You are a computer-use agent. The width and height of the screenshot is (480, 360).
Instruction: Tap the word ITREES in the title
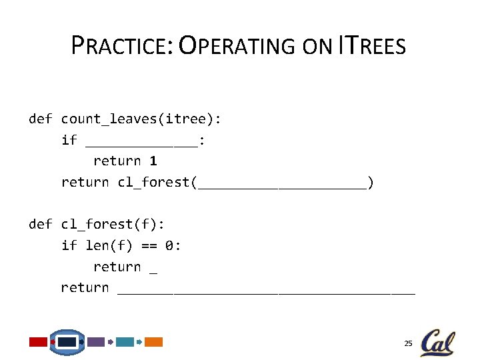point(372,46)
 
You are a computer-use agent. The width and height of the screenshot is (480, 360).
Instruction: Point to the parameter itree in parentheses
point(187,119)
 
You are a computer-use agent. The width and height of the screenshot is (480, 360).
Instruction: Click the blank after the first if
point(142,143)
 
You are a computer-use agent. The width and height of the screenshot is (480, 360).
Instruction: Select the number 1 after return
point(153,161)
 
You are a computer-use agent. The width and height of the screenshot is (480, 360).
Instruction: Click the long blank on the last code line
point(266,291)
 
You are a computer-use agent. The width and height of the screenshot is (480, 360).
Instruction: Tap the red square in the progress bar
point(38,342)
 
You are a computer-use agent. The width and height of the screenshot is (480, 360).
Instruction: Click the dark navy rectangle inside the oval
point(67,342)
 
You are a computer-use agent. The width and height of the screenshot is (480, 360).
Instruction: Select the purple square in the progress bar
point(96,342)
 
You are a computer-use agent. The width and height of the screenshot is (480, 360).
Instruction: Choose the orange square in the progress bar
point(154,342)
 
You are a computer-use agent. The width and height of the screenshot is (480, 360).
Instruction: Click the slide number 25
point(408,343)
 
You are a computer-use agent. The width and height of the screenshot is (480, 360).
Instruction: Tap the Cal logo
point(437,343)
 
